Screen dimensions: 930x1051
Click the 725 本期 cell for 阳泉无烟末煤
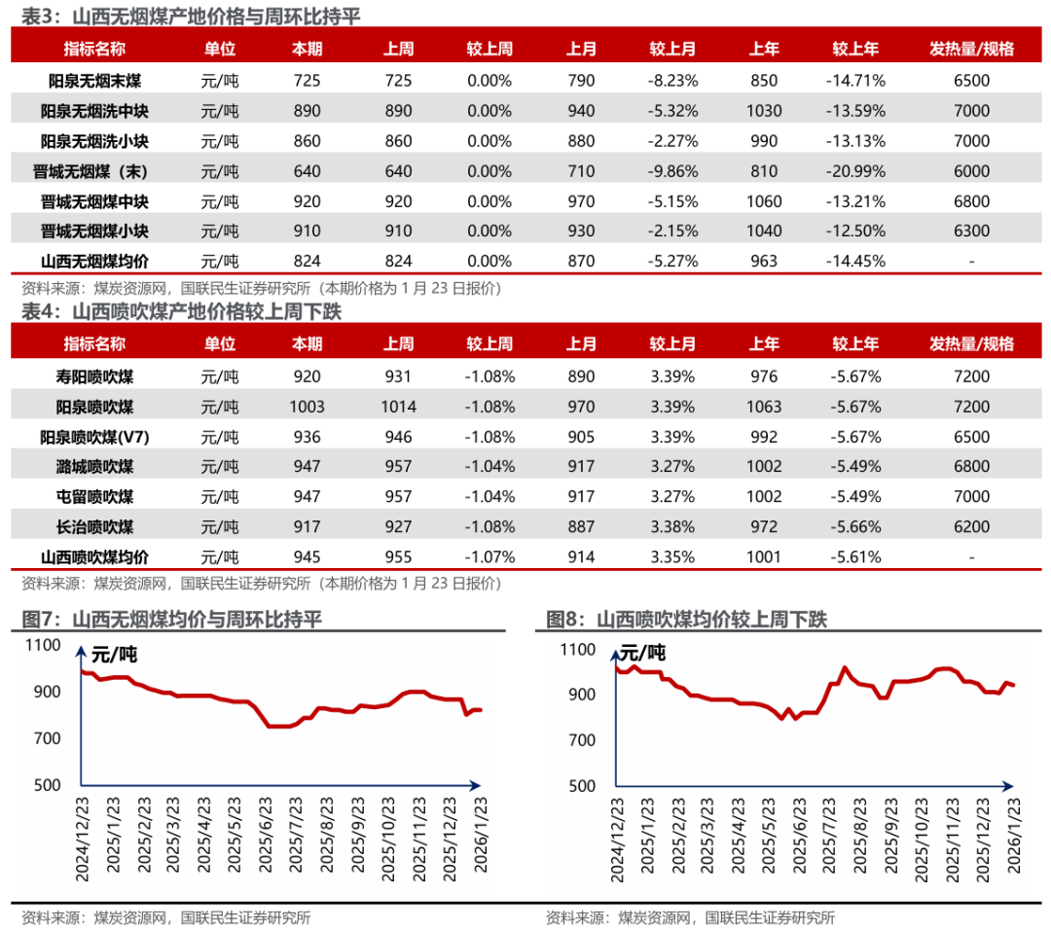[307, 81]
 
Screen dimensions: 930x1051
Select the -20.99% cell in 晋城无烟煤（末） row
[855, 171]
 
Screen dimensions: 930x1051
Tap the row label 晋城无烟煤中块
[88, 201]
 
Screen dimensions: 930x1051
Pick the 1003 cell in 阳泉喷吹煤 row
[307, 406]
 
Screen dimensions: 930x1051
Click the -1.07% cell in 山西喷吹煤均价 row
[489, 557]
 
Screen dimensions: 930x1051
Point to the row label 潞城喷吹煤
[95, 466]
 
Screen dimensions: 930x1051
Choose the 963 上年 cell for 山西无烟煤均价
[764, 261]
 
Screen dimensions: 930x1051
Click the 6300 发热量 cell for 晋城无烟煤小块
[972, 232]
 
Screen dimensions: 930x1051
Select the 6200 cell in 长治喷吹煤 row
[972, 527]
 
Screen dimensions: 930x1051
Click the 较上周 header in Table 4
[489, 343]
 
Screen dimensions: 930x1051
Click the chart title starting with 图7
[171, 620]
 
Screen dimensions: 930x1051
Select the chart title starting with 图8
[686, 620]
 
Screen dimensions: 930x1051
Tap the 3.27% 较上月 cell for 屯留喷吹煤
[672, 497]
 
